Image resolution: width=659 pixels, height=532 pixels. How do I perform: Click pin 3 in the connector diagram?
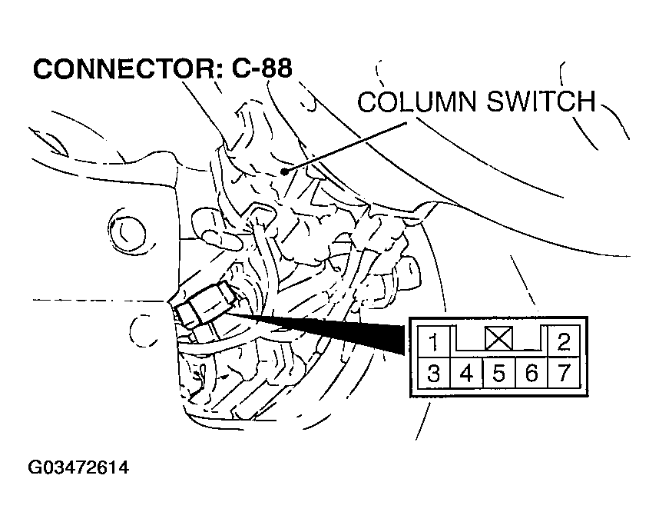click(x=434, y=374)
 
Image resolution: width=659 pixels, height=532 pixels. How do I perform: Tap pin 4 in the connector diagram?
click(x=466, y=374)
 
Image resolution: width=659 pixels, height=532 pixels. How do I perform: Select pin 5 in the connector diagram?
click(x=498, y=374)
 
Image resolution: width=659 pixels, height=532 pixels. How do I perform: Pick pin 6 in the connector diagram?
click(x=531, y=374)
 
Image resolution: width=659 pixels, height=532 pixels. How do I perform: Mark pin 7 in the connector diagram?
click(x=564, y=374)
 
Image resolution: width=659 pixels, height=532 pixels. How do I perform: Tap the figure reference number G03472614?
click(x=78, y=467)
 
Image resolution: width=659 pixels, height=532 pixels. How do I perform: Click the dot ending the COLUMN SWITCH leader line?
click(x=285, y=171)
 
